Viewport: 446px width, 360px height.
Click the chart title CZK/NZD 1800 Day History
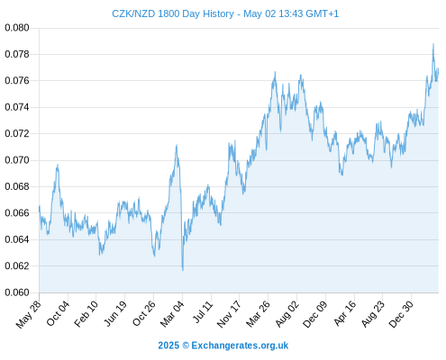coord(173,13)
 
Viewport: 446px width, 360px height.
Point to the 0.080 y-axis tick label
coord(17,28)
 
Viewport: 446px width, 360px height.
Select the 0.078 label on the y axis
coord(17,54)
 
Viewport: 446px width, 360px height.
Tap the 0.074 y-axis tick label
coord(17,107)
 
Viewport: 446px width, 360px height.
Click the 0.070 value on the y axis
coord(17,160)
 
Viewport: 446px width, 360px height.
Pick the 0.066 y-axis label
coord(17,213)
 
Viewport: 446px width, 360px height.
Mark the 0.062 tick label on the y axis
coord(17,265)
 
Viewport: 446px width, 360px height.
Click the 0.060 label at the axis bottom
coord(17,292)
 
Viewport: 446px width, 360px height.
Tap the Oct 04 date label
coord(59,313)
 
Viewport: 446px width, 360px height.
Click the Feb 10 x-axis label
coord(86,314)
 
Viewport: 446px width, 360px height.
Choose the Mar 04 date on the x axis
coord(172,314)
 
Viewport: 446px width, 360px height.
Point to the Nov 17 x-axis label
coord(229,314)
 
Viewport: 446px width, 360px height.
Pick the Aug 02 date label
coord(287,314)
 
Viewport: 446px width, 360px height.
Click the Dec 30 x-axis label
coord(401,314)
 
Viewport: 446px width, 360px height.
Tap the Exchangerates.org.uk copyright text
coord(240,346)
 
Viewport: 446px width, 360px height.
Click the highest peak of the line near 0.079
coord(433,44)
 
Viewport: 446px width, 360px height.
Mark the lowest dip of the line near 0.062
coord(183,270)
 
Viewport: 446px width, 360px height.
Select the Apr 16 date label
coord(345,313)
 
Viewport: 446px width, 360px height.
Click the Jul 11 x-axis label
coord(203,312)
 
